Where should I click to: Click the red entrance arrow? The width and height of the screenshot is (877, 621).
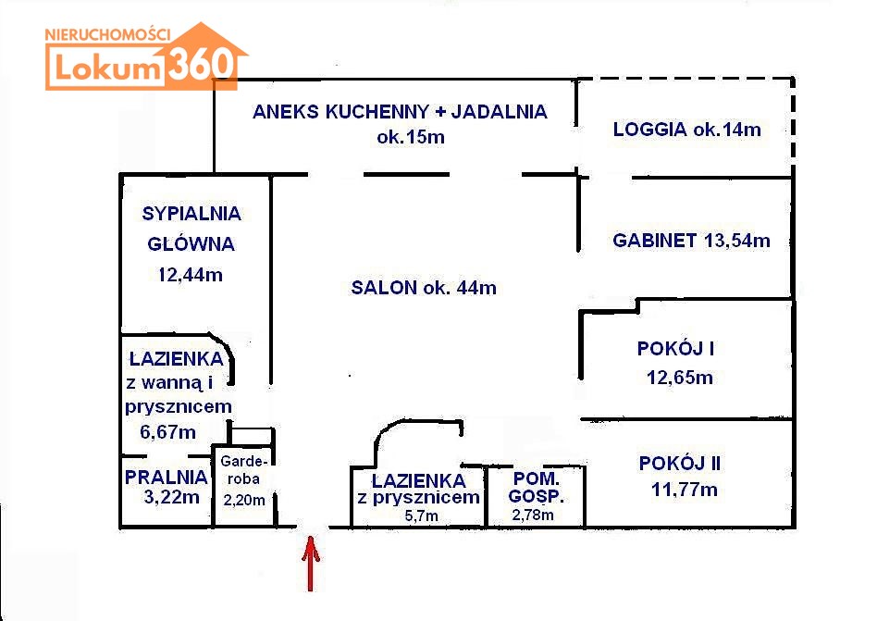tap(311, 563)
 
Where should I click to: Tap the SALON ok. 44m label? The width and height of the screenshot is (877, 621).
tap(424, 288)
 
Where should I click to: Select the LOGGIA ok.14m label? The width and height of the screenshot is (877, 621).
tap(686, 130)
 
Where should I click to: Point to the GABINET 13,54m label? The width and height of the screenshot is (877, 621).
tap(691, 241)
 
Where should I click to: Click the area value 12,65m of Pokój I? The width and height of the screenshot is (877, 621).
tap(680, 378)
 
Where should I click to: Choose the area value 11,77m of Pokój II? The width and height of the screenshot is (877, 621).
tap(684, 490)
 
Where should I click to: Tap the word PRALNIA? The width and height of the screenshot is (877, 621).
tap(167, 478)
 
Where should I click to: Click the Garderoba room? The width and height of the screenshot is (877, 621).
tap(244, 486)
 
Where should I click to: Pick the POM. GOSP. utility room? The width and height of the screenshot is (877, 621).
tap(536, 497)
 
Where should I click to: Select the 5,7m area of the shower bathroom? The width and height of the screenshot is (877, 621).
tap(421, 515)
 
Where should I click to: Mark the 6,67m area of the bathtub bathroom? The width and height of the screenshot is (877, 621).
tap(167, 432)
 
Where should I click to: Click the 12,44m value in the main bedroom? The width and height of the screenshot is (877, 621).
tap(191, 275)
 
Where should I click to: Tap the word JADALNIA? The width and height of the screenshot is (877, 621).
tap(499, 112)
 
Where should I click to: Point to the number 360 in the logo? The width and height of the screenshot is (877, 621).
tap(201, 63)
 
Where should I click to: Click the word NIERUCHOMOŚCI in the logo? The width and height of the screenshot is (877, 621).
tap(107, 34)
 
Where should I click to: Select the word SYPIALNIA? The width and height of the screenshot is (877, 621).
tap(191, 214)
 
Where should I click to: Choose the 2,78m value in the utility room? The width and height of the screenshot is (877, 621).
tap(533, 515)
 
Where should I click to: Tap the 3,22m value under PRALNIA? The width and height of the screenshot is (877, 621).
tap(171, 497)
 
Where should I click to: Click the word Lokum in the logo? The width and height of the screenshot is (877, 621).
tap(107, 68)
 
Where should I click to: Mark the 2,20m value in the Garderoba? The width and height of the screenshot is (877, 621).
tap(244, 500)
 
